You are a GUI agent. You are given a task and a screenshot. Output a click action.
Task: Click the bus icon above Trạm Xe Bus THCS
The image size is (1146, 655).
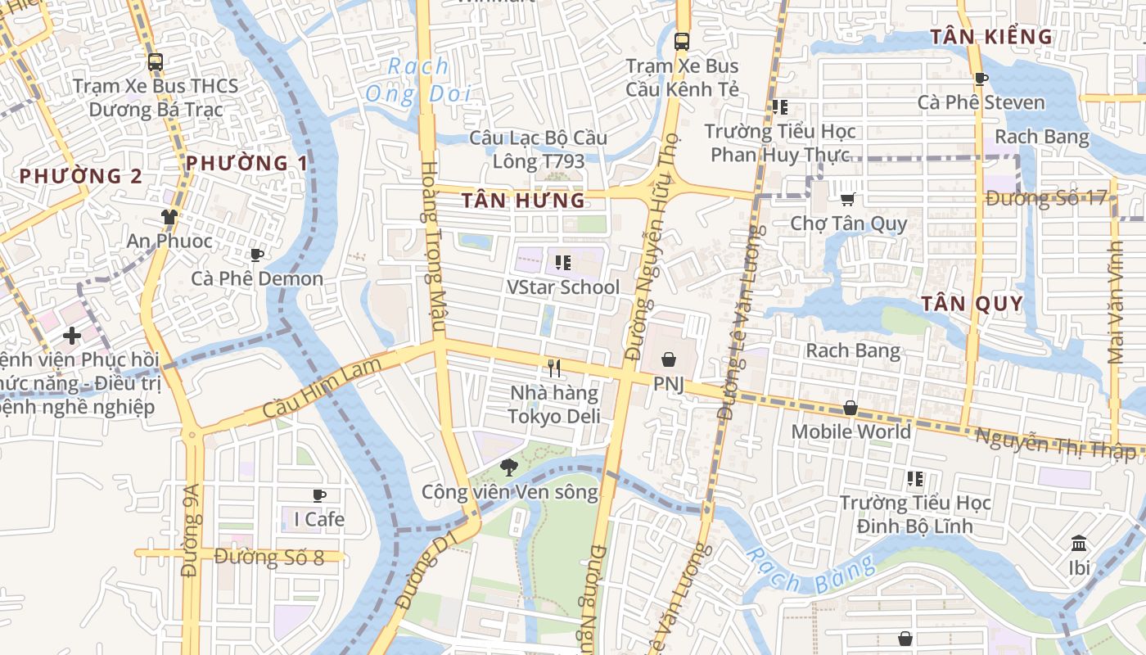[x=156, y=61]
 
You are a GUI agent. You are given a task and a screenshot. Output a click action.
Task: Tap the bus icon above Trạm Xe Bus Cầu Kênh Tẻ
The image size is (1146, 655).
[x=681, y=41]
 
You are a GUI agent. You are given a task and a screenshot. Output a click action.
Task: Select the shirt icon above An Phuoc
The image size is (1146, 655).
[x=169, y=217]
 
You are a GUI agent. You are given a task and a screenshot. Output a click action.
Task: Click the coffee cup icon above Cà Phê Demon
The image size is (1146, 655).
[x=256, y=255]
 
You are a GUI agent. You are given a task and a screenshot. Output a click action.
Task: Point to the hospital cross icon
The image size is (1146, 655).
[x=72, y=335]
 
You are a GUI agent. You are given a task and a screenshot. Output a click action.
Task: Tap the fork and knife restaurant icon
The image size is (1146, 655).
[x=554, y=368]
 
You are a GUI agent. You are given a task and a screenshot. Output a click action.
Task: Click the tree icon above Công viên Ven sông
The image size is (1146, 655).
[x=508, y=468]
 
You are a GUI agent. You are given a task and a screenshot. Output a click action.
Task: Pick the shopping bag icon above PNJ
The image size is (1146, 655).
[x=669, y=359]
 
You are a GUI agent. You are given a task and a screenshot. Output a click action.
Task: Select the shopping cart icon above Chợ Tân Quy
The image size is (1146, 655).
[x=848, y=199]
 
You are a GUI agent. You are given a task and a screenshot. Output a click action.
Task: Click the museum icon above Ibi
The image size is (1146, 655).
[x=1079, y=543]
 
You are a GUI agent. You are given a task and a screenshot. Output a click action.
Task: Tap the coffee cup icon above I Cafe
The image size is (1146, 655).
[x=318, y=495]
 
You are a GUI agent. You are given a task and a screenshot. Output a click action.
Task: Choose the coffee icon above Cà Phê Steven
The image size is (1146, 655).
[x=981, y=79]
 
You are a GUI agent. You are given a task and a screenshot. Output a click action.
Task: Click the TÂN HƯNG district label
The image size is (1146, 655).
[x=523, y=201]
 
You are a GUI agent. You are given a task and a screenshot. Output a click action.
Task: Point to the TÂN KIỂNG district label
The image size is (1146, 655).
[x=991, y=37]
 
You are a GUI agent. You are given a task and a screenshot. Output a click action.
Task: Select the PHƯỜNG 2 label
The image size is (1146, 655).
[x=80, y=176]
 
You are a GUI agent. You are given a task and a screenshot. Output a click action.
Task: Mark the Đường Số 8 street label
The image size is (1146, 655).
[x=269, y=558]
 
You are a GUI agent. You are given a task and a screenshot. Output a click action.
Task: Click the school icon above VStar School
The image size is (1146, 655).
[x=562, y=263]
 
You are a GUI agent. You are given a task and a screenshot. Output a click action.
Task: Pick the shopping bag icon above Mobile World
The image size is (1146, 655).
[x=850, y=408]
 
